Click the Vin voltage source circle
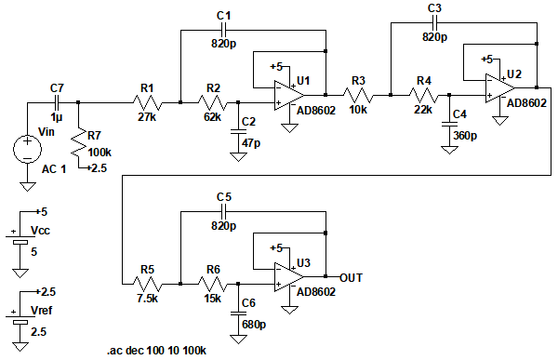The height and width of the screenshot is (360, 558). (27, 150)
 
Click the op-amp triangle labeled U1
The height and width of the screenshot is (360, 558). (289, 96)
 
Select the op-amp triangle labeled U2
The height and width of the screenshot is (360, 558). (499, 88)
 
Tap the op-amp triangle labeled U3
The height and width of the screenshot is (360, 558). (289, 277)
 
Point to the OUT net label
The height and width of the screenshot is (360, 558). (351, 278)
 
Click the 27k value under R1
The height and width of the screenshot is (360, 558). (147, 117)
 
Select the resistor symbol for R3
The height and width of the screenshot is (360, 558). (358, 96)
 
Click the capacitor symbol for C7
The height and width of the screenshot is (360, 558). (57, 103)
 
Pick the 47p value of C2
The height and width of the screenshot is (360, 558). (251, 142)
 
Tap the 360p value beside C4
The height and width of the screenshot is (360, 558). (465, 136)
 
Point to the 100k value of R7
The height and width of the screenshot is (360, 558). (100, 153)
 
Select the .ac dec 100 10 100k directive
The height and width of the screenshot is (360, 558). (156, 351)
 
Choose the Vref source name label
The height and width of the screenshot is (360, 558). (41, 311)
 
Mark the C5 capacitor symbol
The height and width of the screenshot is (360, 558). (224, 211)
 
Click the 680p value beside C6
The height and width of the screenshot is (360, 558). (254, 325)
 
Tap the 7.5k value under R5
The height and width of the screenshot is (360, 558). (147, 299)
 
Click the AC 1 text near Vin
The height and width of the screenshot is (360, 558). (54, 168)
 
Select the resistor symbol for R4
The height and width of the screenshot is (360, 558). (423, 96)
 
